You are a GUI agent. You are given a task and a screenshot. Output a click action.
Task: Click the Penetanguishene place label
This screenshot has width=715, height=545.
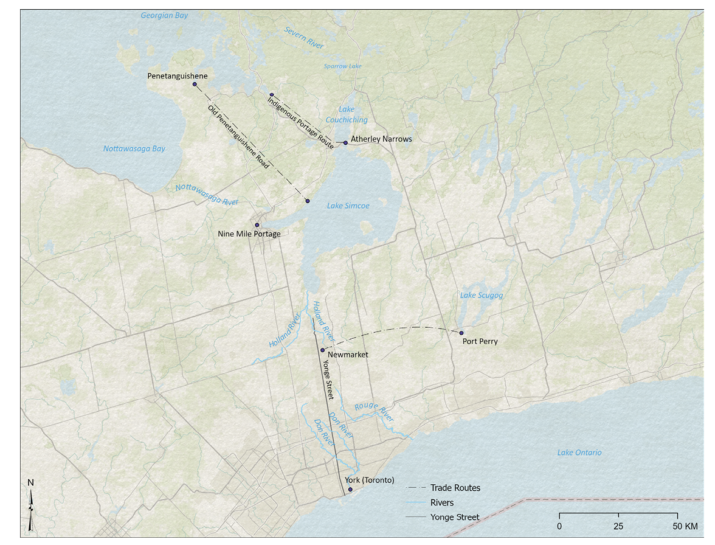click(x=178, y=76)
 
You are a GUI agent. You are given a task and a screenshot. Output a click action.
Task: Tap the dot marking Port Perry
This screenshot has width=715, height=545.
click(x=461, y=333)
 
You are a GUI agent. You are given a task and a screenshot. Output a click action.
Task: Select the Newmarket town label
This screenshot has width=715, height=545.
click(x=348, y=355)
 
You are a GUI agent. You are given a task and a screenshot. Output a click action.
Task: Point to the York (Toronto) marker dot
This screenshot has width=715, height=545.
click(x=350, y=489)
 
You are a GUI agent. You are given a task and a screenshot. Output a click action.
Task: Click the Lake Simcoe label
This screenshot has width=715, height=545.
click(x=348, y=206)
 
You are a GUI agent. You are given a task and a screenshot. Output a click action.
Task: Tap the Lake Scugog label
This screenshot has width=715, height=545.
click(x=482, y=296)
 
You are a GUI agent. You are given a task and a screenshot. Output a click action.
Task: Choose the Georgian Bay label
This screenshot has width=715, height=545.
click(x=164, y=16)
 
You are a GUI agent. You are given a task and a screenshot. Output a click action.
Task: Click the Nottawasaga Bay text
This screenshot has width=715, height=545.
click(x=134, y=148)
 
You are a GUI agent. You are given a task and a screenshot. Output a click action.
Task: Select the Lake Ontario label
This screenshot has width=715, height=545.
click(x=579, y=453)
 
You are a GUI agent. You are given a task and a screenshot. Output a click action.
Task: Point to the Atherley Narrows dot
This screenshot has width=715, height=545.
click(x=345, y=143)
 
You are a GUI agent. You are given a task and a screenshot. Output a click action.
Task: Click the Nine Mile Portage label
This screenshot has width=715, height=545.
click(x=249, y=234)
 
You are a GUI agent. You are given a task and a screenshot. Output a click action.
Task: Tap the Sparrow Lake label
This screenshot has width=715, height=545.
click(x=343, y=66)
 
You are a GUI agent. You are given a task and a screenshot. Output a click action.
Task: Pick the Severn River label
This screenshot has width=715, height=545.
click(x=304, y=38)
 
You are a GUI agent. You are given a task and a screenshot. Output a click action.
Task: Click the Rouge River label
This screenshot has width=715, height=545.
click(x=374, y=412)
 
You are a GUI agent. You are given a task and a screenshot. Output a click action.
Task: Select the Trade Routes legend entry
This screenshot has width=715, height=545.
click(x=455, y=488)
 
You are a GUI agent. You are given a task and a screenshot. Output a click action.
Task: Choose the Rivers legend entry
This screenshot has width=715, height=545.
click(x=441, y=502)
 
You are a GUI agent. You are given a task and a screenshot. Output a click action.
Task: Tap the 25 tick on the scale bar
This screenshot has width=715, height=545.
click(x=618, y=525)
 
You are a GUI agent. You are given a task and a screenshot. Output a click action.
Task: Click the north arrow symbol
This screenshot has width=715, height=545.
click(x=30, y=505)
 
